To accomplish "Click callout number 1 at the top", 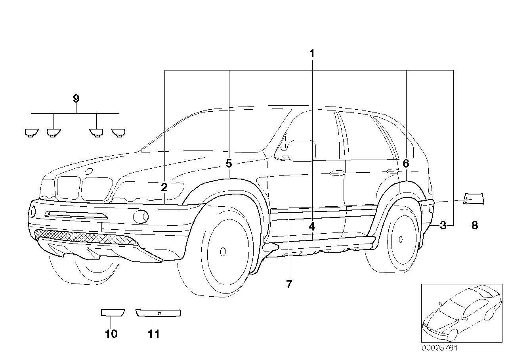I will [312, 53].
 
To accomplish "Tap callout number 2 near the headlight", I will [164, 187].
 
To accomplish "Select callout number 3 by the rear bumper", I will [443, 225].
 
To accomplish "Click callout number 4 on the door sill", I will [312, 227].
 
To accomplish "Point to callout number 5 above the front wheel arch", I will [229, 163].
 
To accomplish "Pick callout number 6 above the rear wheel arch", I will [406, 163].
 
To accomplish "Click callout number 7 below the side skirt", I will [289, 284].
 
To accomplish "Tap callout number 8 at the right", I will [475, 225].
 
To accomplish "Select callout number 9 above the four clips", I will [76, 99].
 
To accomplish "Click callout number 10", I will [111, 334].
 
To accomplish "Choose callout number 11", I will [154, 334].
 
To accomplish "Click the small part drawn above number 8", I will [474, 198].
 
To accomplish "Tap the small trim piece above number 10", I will [113, 313].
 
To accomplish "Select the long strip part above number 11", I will [158, 313].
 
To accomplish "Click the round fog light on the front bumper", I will [141, 216].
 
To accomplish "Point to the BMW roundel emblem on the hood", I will [89, 171].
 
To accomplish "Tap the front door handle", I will [336, 173].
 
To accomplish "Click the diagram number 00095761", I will [439, 349].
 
